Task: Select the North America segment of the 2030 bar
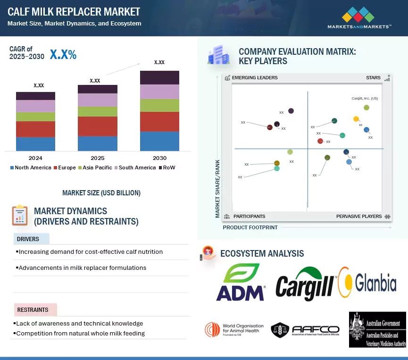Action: pos(159,141)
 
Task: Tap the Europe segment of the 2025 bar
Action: pos(98,126)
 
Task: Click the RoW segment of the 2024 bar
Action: pos(35,96)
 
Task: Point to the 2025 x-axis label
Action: pos(97,158)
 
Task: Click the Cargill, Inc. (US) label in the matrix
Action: pos(365,99)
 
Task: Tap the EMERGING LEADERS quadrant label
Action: pos(255,77)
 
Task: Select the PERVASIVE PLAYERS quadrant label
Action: pos(359,216)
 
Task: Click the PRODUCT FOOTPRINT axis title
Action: pos(250,227)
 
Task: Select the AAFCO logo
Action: pos(305,330)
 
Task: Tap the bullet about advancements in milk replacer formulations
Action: pos(82,268)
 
